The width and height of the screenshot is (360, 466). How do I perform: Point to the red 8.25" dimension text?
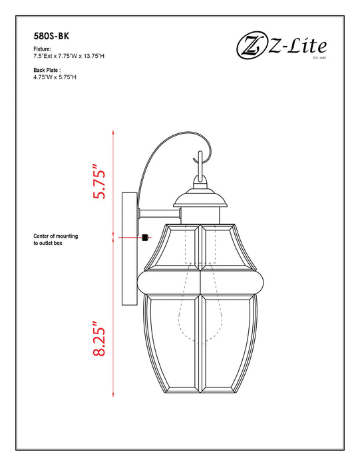coord(100,338)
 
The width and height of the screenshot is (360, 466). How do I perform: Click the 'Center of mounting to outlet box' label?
coord(56,240)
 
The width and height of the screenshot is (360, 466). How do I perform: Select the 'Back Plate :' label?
coord(47,70)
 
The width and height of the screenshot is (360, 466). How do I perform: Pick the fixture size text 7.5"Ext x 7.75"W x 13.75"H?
coord(69,57)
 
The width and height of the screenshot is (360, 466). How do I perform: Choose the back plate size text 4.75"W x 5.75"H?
coord(55,77)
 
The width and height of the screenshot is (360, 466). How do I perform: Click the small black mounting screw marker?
coord(145,237)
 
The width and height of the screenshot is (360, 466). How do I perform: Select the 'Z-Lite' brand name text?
coord(298,46)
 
